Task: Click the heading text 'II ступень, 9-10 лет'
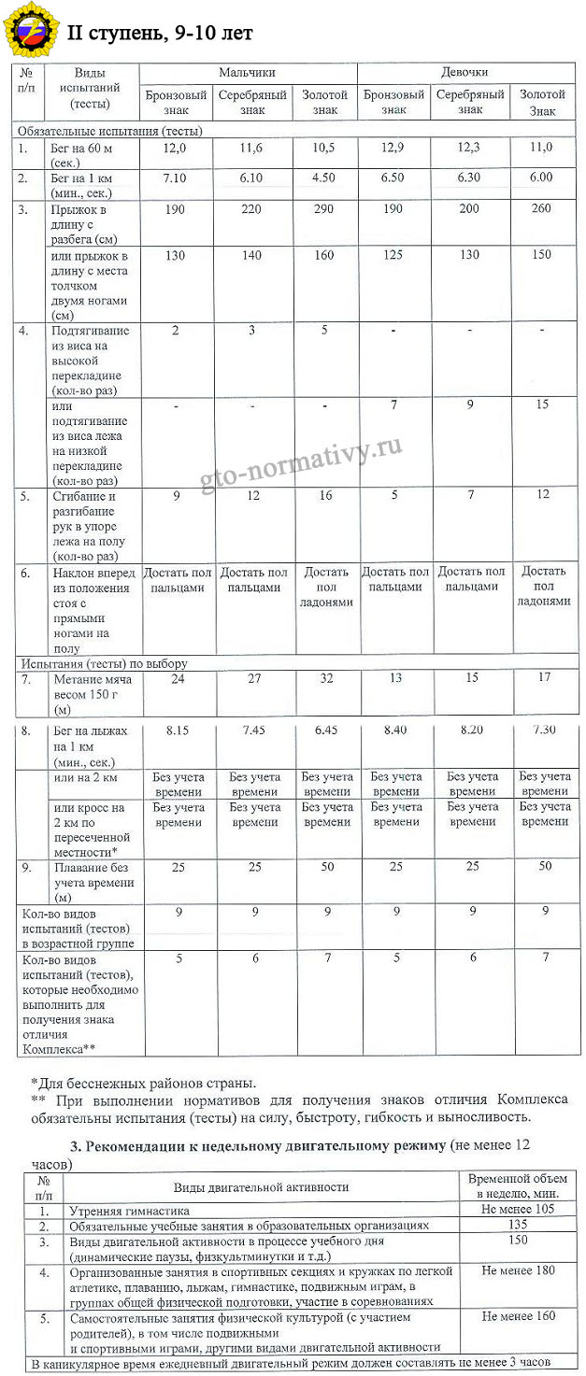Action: point(161,33)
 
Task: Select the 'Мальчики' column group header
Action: point(247,73)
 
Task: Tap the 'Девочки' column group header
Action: point(465,73)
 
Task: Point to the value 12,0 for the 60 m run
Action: point(175,148)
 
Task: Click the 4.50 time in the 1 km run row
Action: point(323,177)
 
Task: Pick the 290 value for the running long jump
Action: point(323,208)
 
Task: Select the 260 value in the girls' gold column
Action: point(541,208)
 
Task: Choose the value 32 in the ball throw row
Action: point(325,678)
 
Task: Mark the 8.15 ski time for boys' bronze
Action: point(176,730)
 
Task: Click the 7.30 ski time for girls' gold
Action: point(544,730)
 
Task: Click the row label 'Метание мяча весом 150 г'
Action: point(92,693)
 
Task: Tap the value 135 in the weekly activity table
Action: point(517,1224)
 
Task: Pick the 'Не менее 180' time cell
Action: point(518,1270)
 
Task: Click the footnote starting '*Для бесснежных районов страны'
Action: point(143,1083)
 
